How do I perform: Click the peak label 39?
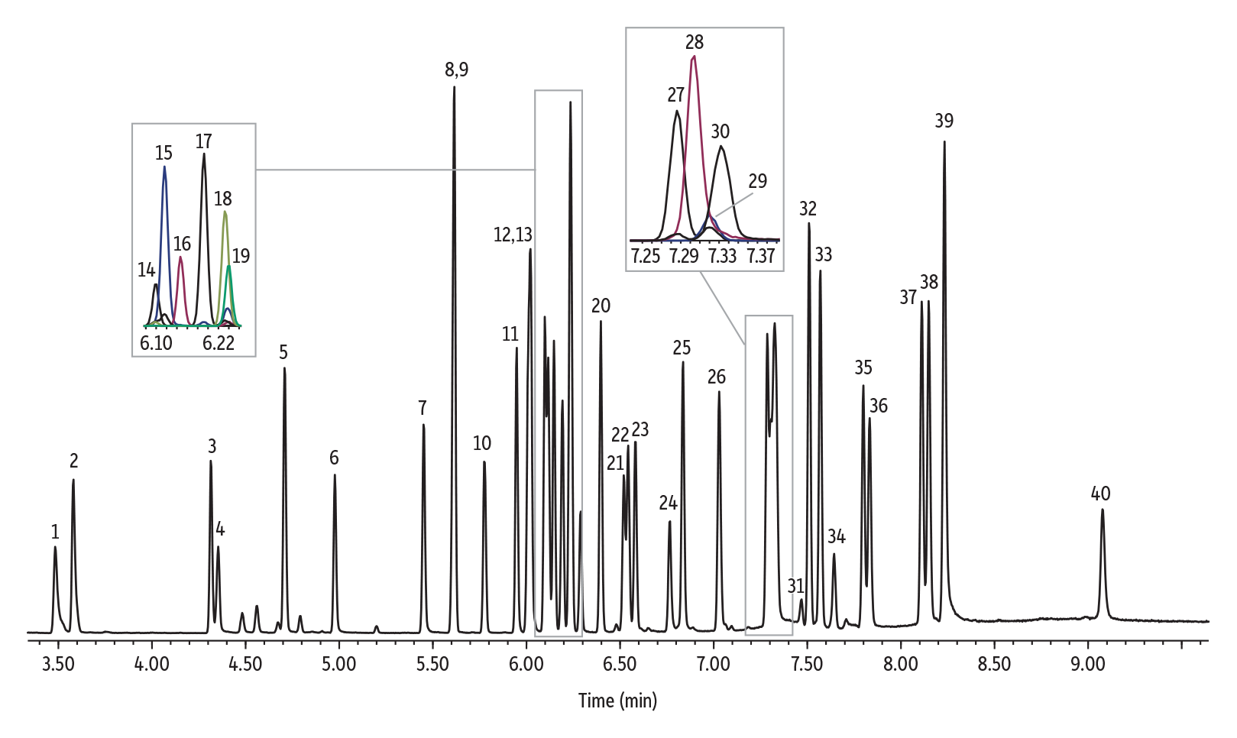pyautogui.click(x=944, y=121)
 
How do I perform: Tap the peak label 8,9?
pyautogui.click(x=456, y=70)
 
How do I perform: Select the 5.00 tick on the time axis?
pyautogui.click(x=338, y=664)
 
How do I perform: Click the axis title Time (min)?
pyautogui.click(x=617, y=700)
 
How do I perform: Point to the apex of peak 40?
pyautogui.click(x=1102, y=510)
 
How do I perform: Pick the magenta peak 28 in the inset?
pyautogui.click(x=693, y=58)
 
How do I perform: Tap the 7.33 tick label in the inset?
pyautogui.click(x=722, y=255)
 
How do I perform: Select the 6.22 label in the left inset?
pyautogui.click(x=219, y=343)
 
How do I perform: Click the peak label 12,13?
pyautogui.click(x=513, y=235)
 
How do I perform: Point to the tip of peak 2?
pyautogui.click(x=73, y=481)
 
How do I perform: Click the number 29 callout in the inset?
pyautogui.click(x=757, y=181)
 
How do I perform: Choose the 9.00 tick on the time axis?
pyautogui.click(x=1087, y=664)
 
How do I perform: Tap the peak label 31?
pyautogui.click(x=795, y=586)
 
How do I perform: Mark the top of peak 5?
pyautogui.click(x=284, y=369)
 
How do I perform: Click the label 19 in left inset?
pyautogui.click(x=241, y=256)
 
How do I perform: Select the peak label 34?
pyautogui.click(x=837, y=536)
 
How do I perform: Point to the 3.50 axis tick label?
pyautogui.click(x=58, y=664)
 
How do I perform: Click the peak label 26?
pyautogui.click(x=716, y=377)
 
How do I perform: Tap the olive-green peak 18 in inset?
pyautogui.click(x=225, y=214)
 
